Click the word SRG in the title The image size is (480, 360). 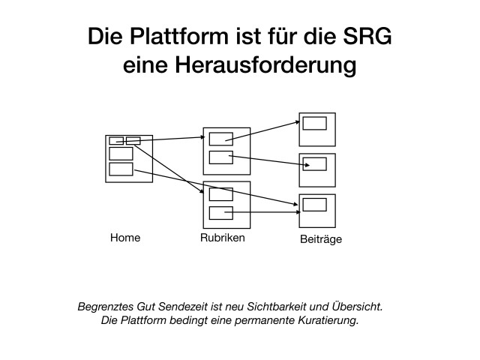click(x=367, y=37)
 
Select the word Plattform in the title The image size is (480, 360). click(x=179, y=37)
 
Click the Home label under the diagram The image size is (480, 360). click(x=125, y=238)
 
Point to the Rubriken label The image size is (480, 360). click(x=223, y=238)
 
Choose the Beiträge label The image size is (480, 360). click(x=321, y=239)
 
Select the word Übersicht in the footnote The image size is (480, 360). click(x=357, y=306)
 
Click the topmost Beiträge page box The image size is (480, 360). click(x=317, y=130)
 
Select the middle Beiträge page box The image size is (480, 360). click(x=317, y=170)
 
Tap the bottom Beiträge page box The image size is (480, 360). click(x=317, y=211)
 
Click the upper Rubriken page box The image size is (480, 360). click(x=226, y=151)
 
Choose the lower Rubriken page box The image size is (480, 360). click(x=226, y=205)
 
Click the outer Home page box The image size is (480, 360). click(x=129, y=159)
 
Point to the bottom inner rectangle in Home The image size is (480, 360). click(x=121, y=169)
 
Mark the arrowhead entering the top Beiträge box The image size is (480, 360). click(x=298, y=122)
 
